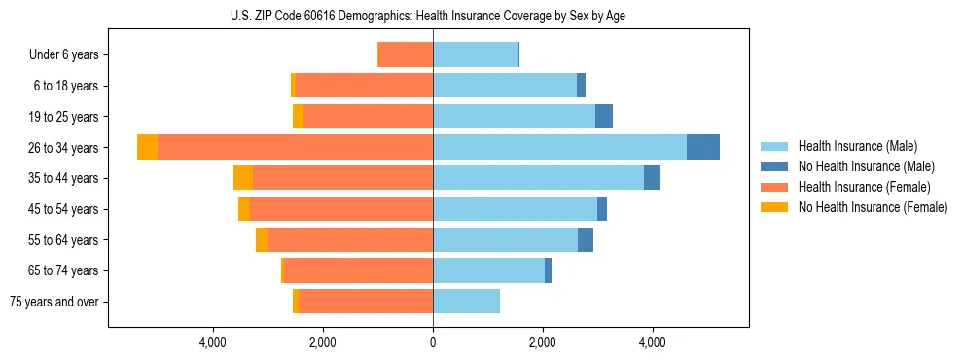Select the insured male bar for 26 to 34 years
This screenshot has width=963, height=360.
coord(559,147)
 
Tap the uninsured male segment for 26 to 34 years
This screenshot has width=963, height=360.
coord(703,147)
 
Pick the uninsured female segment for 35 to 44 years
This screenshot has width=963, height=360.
coord(243,178)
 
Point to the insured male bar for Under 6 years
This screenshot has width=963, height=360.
coord(476,55)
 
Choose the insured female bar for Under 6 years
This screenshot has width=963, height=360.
coord(405,55)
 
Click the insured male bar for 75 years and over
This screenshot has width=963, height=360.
coord(466,302)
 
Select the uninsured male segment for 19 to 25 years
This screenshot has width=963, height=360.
coord(604,117)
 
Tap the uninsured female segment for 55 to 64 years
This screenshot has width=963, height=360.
coord(262,240)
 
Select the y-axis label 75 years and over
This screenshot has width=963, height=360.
coord(53,302)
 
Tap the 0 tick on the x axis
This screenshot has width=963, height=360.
coord(433,342)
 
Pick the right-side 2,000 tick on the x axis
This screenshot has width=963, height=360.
coord(543,342)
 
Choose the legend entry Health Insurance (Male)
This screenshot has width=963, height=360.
coord(851,146)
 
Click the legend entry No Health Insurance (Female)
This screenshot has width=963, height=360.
coord(873,207)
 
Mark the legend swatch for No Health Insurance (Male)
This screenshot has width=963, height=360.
coord(775,166)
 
